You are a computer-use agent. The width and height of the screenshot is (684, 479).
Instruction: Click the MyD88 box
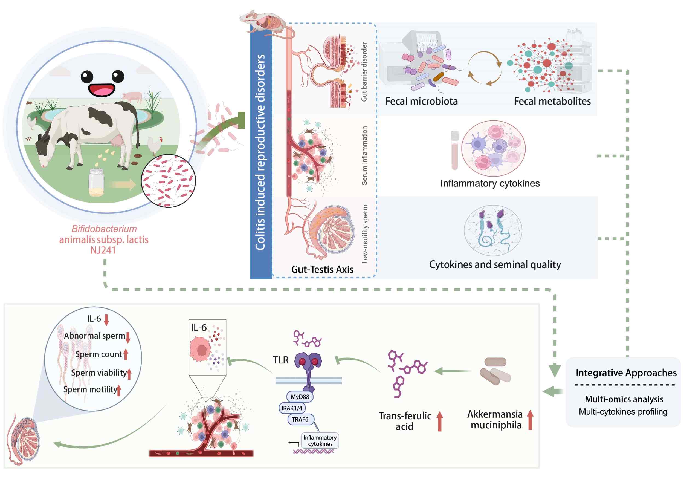click(300, 397)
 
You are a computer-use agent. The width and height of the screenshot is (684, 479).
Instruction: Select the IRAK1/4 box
click(292, 408)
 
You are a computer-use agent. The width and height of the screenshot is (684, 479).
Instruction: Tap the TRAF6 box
click(300, 419)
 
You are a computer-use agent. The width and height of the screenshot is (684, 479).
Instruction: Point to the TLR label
click(281, 360)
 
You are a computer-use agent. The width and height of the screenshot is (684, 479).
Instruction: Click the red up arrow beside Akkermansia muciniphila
click(530, 420)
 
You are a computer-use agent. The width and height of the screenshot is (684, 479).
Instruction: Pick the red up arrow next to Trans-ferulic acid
click(440, 421)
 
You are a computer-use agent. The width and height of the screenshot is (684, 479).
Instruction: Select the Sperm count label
click(98, 354)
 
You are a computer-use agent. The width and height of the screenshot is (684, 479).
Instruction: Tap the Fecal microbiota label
click(422, 101)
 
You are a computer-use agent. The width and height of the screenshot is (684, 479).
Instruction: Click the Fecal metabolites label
click(552, 101)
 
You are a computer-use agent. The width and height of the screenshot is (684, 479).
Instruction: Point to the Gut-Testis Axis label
click(322, 269)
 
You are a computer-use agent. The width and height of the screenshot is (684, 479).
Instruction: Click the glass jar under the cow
click(96, 182)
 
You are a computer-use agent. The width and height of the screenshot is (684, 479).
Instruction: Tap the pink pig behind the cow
click(132, 97)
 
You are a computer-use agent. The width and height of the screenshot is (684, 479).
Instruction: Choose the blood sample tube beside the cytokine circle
click(455, 151)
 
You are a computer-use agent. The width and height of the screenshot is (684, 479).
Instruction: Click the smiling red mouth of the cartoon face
click(102, 90)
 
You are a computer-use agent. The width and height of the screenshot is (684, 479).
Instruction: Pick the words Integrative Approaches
click(626, 373)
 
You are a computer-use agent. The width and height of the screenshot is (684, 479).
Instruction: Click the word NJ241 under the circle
click(103, 250)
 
